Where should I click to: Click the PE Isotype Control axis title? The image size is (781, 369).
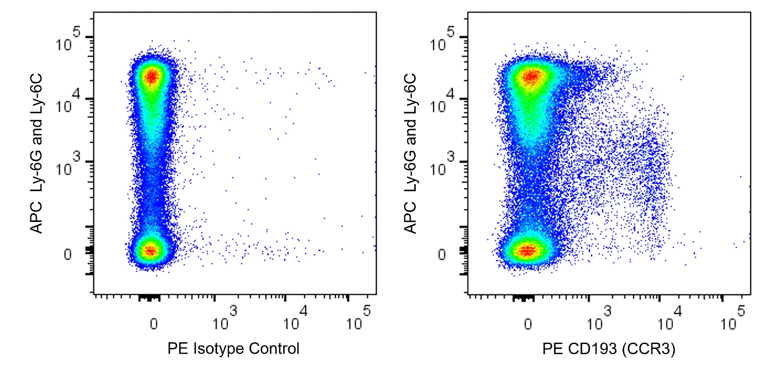pos(233,348)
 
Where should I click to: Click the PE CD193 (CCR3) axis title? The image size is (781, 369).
pos(608,348)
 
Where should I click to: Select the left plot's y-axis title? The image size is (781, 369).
pos(36,153)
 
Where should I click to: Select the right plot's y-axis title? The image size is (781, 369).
pos(410,153)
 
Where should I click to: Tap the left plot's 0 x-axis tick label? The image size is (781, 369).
pos(154,324)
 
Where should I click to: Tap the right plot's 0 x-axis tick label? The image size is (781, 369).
pos(528,324)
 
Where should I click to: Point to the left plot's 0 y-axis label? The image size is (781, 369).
pos(68,254)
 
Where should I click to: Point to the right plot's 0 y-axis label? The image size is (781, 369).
pos(442,254)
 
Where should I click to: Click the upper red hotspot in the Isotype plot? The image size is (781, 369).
pos(152,76)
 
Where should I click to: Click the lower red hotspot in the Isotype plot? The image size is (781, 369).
pos(151,250)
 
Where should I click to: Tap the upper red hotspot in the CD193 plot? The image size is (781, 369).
pos(531,77)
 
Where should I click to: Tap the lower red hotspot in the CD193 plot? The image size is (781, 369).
pos(527,250)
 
